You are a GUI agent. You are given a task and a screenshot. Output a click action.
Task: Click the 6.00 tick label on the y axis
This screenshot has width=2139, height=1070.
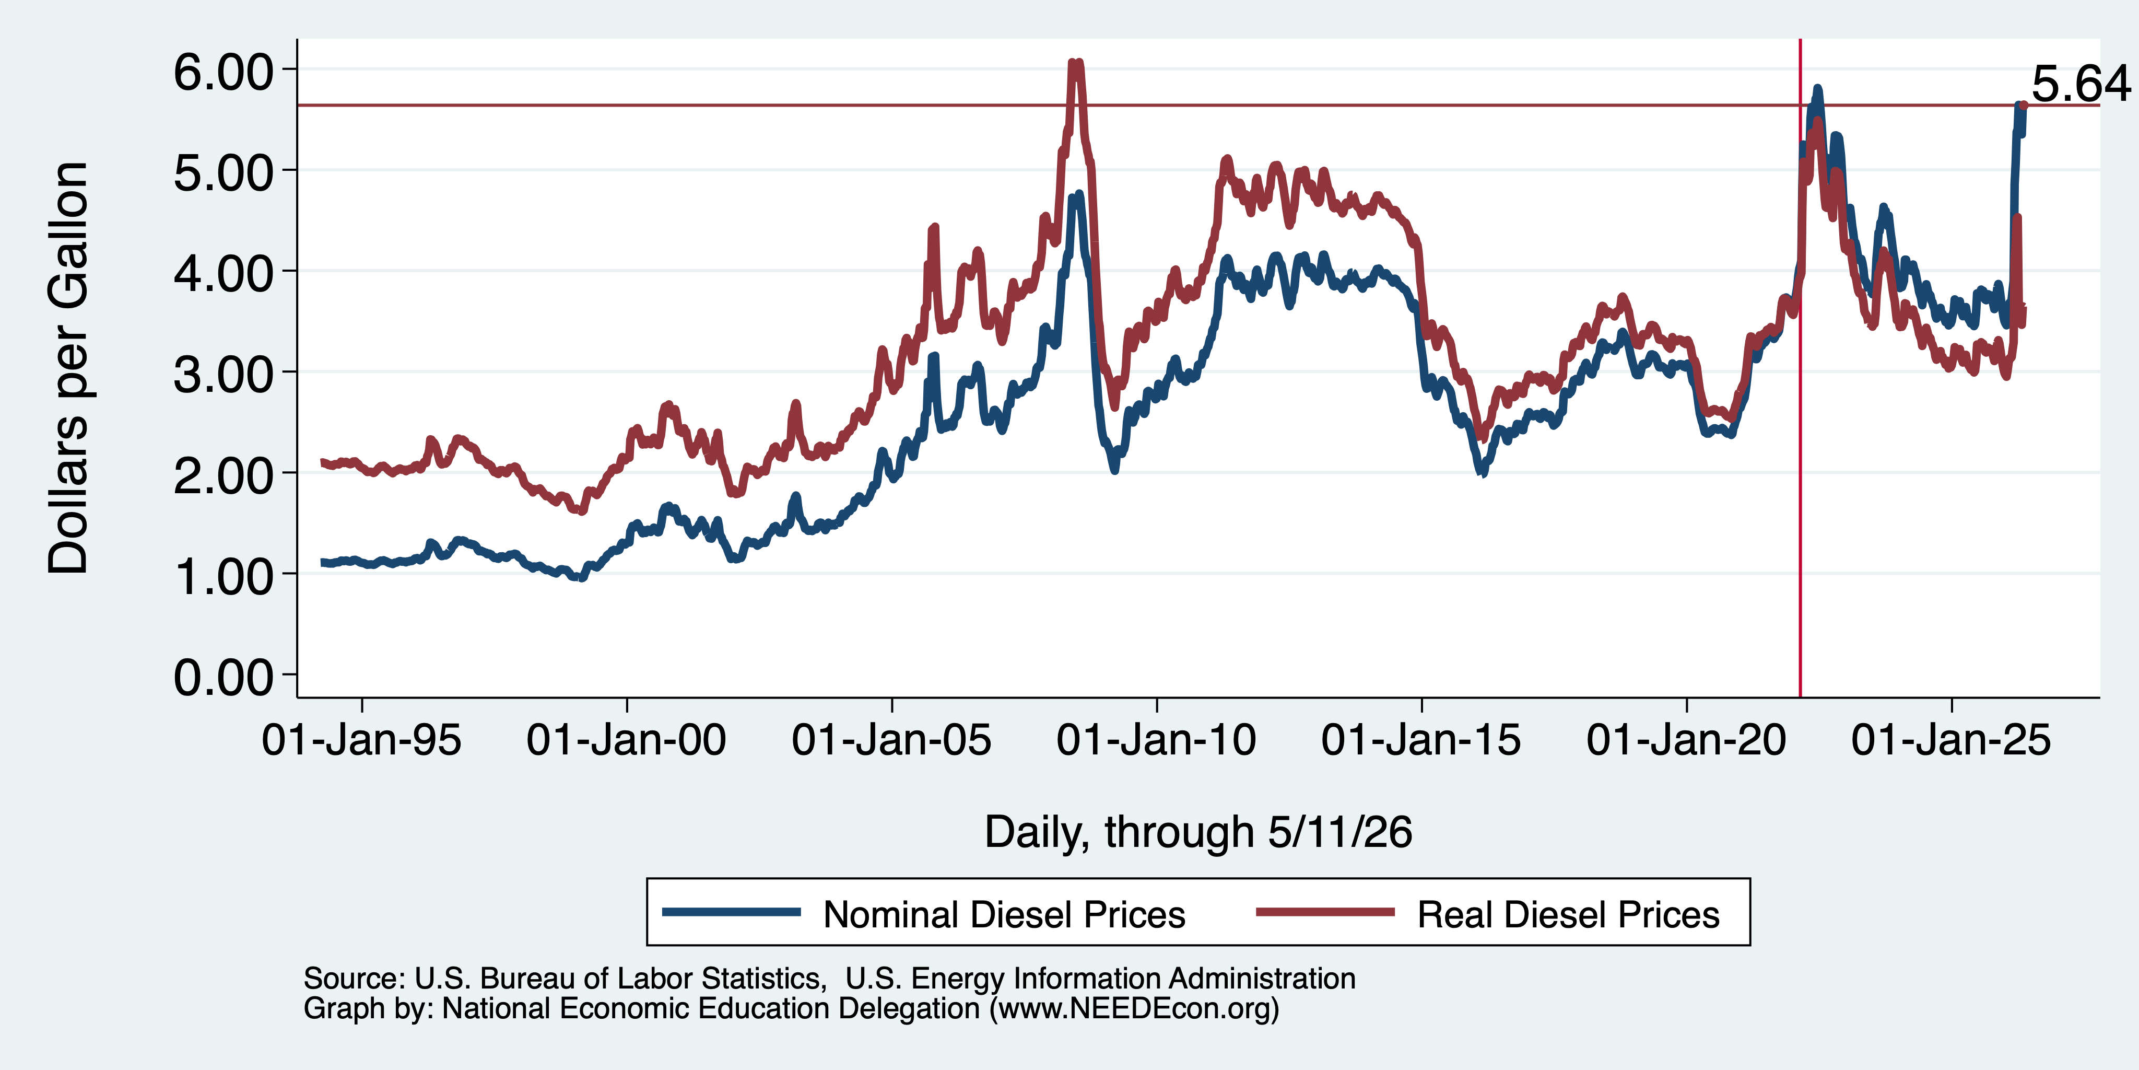coord(222,72)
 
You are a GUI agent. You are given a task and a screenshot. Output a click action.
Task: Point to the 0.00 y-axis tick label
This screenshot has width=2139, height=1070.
coord(222,677)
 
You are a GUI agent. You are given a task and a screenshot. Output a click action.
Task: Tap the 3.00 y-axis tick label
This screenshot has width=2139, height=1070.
coord(222,374)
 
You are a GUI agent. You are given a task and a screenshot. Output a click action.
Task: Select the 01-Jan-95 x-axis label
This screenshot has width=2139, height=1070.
coord(361,739)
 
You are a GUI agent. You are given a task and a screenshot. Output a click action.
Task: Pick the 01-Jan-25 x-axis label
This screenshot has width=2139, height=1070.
coord(1950,739)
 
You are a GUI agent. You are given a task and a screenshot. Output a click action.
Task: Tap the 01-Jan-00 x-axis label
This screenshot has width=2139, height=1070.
coord(626,739)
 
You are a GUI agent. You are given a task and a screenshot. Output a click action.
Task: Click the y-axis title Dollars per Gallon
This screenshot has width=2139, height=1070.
coord(68,368)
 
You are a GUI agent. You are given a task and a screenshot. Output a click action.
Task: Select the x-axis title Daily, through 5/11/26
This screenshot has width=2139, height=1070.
coord(1197,832)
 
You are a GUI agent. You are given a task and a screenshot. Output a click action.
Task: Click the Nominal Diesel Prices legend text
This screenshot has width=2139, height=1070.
coord(1004,915)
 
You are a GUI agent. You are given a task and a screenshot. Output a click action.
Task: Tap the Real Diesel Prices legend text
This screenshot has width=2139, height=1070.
coord(1568,915)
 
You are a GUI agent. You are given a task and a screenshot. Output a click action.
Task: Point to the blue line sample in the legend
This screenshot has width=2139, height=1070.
coord(732,912)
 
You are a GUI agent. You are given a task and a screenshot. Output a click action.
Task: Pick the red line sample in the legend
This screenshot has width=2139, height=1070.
coord(1325,912)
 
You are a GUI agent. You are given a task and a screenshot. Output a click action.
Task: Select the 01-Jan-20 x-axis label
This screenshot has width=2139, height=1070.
coord(1686,739)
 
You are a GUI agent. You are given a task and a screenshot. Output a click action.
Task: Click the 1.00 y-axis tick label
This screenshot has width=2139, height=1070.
coord(222,577)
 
